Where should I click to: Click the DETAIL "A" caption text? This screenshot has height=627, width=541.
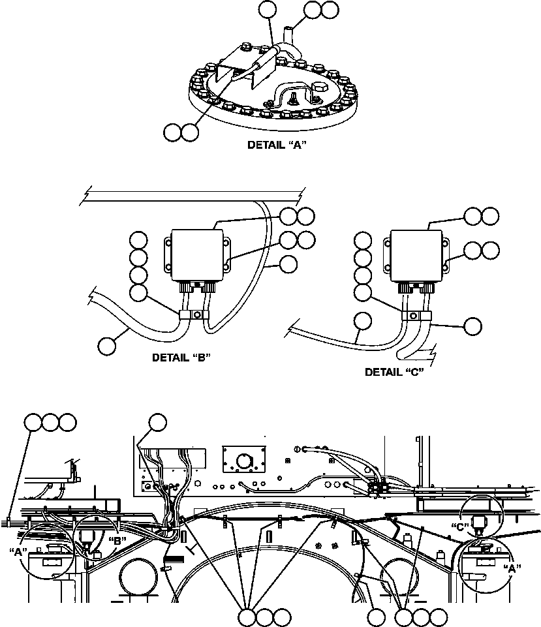click(277, 145)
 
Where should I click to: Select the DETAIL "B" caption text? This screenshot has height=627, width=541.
click(181, 358)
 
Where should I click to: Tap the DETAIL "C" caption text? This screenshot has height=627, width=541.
click(394, 372)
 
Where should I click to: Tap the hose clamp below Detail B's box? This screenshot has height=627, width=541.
click(194, 316)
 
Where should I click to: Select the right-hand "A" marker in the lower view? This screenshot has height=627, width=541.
click(514, 568)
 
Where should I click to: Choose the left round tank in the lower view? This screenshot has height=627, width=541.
click(137, 575)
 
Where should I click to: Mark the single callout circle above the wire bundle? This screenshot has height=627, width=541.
click(157, 423)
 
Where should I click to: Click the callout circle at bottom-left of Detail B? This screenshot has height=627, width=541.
click(108, 345)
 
